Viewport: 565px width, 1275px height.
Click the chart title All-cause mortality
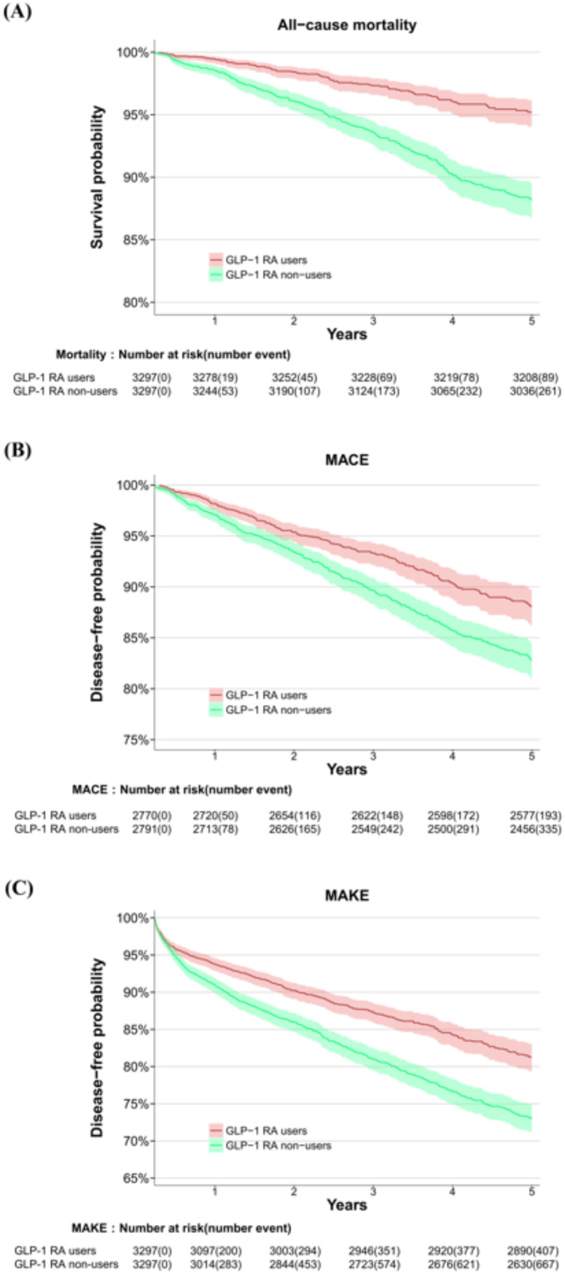point(347,25)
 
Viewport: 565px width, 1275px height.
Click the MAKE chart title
point(347,895)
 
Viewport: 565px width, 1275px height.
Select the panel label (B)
point(17,450)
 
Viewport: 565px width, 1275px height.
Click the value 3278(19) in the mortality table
point(215,377)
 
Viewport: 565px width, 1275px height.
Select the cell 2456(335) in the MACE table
point(535,828)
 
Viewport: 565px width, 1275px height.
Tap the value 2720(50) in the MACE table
point(215,815)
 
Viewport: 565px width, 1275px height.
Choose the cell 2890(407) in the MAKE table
point(533,1251)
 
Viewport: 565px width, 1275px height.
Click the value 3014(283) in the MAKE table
point(215,1264)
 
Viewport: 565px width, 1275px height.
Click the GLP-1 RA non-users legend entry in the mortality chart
point(270,275)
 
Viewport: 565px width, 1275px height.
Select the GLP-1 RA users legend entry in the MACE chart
point(258,695)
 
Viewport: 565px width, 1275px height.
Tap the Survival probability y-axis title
point(97,177)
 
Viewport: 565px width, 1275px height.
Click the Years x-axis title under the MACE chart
point(347,770)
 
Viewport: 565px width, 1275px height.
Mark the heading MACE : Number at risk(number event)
point(182,789)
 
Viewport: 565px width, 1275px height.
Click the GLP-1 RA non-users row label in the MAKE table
point(66,1264)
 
